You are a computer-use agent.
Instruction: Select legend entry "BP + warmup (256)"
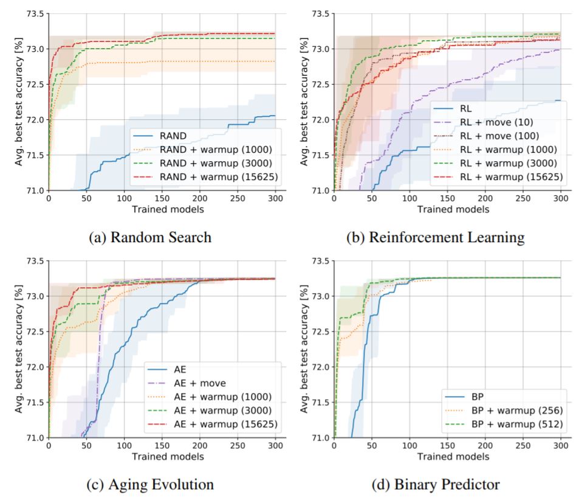click(x=505, y=410)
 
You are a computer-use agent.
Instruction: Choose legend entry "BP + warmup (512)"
click(x=505, y=423)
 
